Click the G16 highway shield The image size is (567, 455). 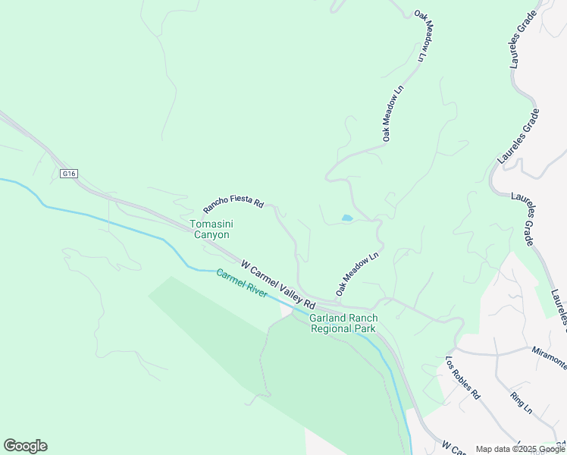[x=69, y=174]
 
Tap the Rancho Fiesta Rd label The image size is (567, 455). [x=233, y=206]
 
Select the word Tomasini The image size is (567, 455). [x=210, y=224]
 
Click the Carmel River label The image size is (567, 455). [x=241, y=284]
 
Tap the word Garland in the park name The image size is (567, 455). [x=327, y=318]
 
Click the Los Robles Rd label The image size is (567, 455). [x=463, y=378]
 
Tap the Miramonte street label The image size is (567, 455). [x=549, y=361]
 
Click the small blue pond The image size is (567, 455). [x=347, y=218]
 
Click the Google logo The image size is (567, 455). [x=25, y=446]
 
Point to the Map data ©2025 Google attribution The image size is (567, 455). [x=520, y=449]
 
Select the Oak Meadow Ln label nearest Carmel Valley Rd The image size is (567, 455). [x=357, y=274]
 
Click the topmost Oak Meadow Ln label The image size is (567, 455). [x=426, y=36]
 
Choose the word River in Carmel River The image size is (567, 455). [x=255, y=290]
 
